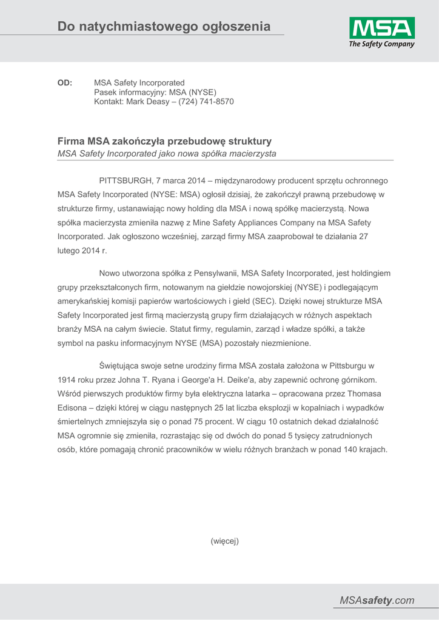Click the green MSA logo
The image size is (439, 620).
point(381,28)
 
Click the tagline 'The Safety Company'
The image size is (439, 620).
point(381,44)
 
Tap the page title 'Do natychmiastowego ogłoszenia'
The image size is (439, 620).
point(164,26)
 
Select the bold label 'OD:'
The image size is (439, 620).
point(65,82)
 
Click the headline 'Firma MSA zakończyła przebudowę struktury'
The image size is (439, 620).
point(164,140)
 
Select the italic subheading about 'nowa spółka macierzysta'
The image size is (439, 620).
point(167,154)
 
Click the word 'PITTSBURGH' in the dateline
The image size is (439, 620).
point(126,181)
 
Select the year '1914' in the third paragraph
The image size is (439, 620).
point(66,380)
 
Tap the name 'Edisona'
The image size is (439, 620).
point(72,407)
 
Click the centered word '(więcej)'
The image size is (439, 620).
point(225,541)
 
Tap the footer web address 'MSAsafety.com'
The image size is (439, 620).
point(377,600)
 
